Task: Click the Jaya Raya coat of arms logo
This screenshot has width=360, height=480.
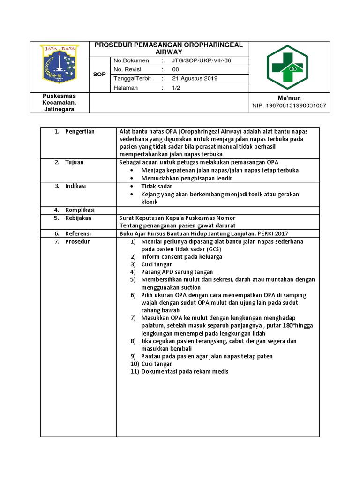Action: click(60, 65)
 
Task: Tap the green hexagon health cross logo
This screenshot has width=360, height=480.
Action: click(287, 67)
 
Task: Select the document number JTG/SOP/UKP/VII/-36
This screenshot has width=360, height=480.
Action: click(202, 61)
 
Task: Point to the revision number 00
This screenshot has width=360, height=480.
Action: click(176, 70)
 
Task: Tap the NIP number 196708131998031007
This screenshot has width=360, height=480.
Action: click(289, 106)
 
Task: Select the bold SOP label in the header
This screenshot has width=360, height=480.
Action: click(99, 74)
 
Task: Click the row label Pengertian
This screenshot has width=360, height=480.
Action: click(80, 132)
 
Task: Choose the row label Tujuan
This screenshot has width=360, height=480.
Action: click(74, 162)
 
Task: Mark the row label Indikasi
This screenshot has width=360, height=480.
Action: click(75, 186)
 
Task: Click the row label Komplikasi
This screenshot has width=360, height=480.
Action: click(80, 210)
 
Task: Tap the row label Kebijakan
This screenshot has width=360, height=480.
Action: click(78, 218)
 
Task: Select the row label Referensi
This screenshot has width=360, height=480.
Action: click(78, 233)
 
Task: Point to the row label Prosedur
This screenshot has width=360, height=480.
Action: click(77, 241)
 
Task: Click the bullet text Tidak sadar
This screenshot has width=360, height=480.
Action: click(157, 186)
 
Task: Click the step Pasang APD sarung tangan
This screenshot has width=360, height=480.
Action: click(177, 272)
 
